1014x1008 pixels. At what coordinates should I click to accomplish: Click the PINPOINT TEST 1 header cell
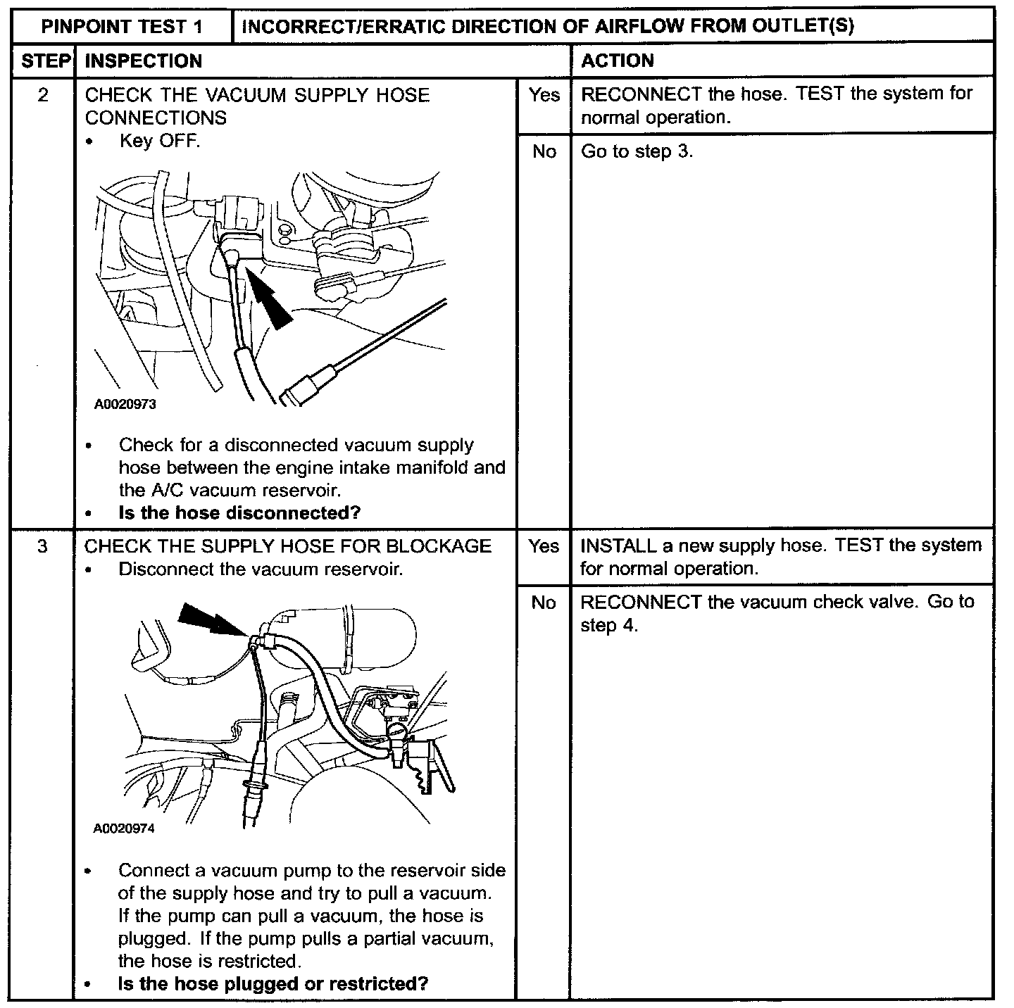(x=122, y=27)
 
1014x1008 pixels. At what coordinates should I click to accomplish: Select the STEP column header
(x=44, y=61)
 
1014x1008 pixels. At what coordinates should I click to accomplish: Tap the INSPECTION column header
(x=144, y=61)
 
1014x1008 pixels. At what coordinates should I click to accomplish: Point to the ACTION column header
(x=618, y=61)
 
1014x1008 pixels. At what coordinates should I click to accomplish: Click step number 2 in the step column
(x=43, y=95)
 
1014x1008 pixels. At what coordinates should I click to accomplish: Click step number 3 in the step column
(x=43, y=546)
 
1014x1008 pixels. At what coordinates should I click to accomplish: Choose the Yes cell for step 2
(x=544, y=95)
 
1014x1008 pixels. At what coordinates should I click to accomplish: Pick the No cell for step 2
(x=544, y=151)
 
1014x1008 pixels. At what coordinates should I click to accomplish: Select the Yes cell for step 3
(x=544, y=546)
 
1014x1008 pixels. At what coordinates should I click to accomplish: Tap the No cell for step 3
(x=544, y=603)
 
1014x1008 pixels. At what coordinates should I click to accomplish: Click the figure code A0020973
(x=125, y=405)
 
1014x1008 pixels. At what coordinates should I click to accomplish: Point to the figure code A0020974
(x=124, y=829)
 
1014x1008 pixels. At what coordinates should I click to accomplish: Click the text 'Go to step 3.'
(x=637, y=151)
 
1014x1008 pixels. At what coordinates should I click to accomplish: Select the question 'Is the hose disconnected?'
(x=239, y=512)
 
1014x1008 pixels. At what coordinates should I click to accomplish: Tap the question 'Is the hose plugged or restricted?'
(x=273, y=983)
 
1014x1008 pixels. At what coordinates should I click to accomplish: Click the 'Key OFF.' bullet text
(x=160, y=141)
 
